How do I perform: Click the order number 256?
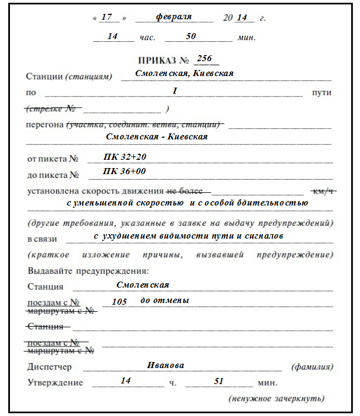(204, 59)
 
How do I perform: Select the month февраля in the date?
(174, 17)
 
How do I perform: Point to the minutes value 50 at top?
(191, 36)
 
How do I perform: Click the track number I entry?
(174, 90)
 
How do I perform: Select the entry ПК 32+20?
(125, 157)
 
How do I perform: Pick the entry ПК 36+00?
(124, 171)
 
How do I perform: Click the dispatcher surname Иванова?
(165, 365)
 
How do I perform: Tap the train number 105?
(119, 302)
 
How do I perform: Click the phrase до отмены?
(165, 301)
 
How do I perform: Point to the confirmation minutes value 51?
(219, 381)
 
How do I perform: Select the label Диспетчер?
(49, 367)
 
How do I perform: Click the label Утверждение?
(55, 382)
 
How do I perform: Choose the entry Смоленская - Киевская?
(157, 137)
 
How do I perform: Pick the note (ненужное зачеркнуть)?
(276, 398)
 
